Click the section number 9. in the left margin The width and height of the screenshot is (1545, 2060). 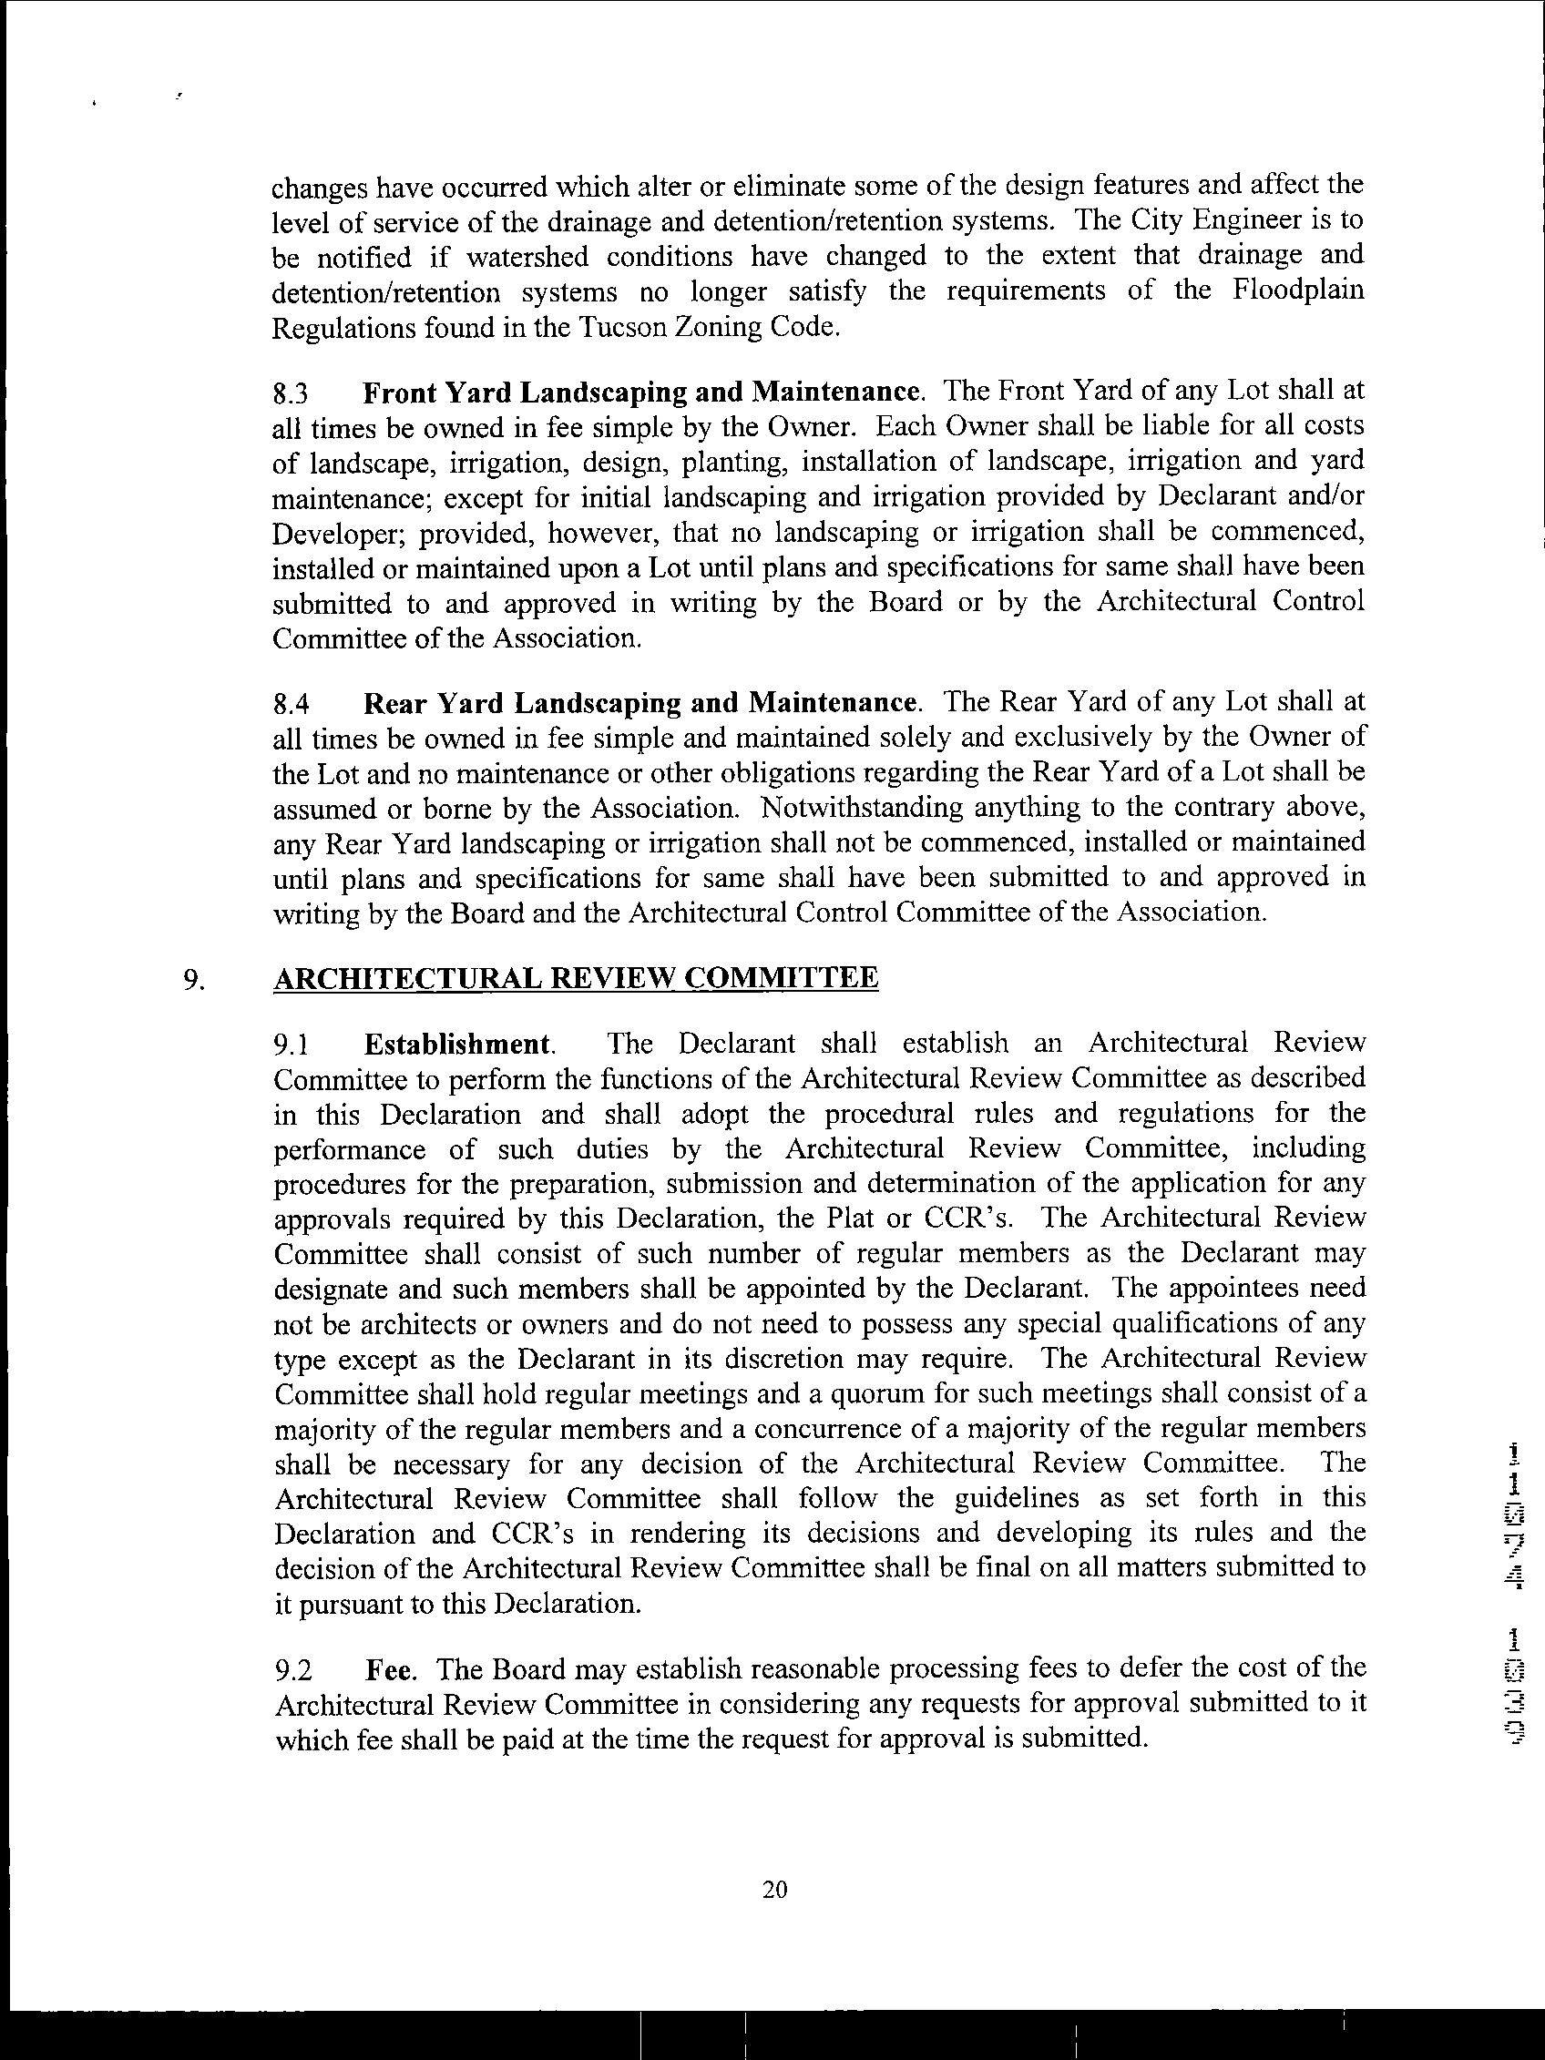click(x=193, y=981)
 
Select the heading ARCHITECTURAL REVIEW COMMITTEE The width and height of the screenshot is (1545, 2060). click(x=576, y=979)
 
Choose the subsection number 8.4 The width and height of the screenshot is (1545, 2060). click(x=291, y=703)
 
